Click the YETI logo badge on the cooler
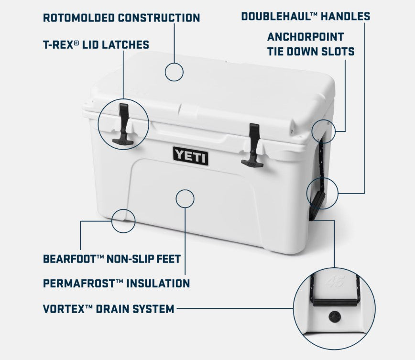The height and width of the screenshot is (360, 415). [x=191, y=156]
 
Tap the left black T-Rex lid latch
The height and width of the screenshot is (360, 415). [x=123, y=124]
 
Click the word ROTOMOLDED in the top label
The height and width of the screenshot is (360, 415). [x=79, y=18]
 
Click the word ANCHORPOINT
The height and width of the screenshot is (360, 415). [x=306, y=37]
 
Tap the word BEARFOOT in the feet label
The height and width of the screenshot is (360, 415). [x=70, y=259]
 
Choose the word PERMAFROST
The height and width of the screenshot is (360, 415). [x=79, y=284]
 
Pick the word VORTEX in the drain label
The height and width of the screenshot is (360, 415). [x=63, y=309]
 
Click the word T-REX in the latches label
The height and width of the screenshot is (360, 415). [x=58, y=45]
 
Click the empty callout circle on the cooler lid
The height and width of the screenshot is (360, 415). [x=174, y=72]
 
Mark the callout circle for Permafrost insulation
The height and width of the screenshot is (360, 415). [x=185, y=198]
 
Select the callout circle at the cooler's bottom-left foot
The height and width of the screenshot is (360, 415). [x=123, y=221]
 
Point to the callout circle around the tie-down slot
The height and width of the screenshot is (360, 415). [x=324, y=131]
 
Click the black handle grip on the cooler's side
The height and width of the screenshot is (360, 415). [x=317, y=206]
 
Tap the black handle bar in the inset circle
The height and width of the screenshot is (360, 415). [x=335, y=302]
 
